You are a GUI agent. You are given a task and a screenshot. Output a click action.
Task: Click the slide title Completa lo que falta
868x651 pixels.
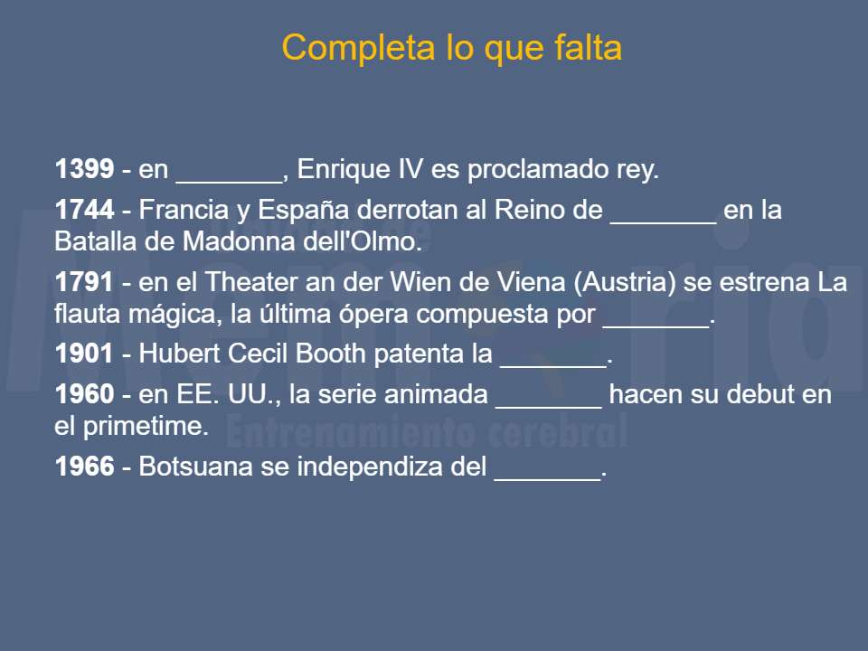(x=451, y=47)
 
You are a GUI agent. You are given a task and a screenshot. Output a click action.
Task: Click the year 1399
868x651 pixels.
(x=84, y=169)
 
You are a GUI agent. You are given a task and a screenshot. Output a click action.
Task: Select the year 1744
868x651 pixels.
(x=84, y=211)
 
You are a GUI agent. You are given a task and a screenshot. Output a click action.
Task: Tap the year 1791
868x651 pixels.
(x=84, y=283)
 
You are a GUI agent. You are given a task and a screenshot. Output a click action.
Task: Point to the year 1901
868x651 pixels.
(x=84, y=354)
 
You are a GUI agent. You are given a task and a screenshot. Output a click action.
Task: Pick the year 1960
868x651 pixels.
(x=84, y=395)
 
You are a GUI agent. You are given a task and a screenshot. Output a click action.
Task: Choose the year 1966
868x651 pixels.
(x=84, y=467)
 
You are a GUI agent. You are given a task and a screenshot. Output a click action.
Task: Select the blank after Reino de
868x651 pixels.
(x=664, y=213)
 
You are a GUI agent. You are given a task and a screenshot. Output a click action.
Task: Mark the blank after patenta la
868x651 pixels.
(x=552, y=357)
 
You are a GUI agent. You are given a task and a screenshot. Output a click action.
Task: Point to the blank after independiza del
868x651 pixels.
(x=547, y=470)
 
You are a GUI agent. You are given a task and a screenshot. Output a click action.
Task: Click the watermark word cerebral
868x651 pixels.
(x=552, y=431)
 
